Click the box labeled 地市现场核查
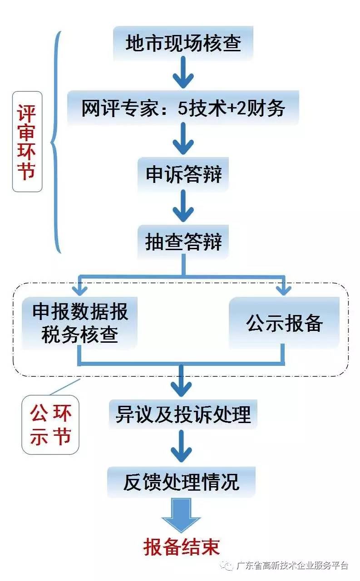point(183,44)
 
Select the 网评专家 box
point(183,108)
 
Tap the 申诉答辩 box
point(183,174)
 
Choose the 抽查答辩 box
point(183,242)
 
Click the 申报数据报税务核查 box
point(80,323)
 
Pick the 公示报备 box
point(284,323)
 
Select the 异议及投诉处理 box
point(183,414)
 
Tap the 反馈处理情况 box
point(181,482)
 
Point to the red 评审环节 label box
point(27,142)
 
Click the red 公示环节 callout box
point(50,425)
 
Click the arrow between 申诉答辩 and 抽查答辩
point(183,208)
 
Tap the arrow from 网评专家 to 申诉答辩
point(183,141)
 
